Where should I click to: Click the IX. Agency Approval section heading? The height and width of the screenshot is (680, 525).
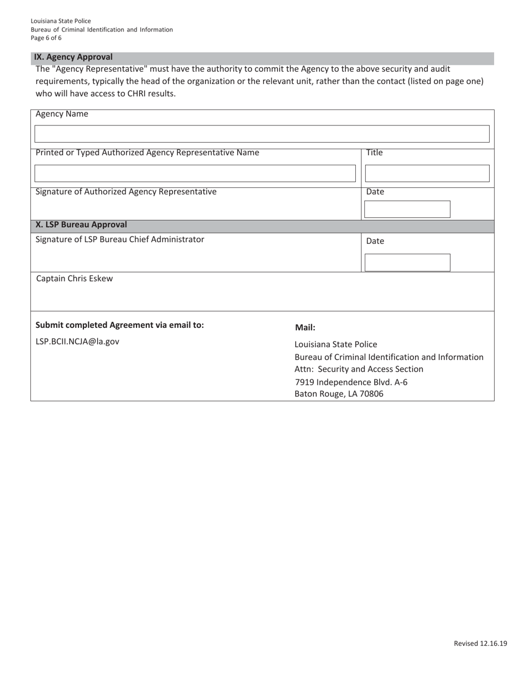[73, 57]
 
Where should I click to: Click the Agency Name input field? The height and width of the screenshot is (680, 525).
[262, 134]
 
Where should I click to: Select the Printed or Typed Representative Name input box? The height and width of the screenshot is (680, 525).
[195, 173]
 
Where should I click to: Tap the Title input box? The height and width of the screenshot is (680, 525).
[427, 173]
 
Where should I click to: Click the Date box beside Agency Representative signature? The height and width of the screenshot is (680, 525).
[407, 209]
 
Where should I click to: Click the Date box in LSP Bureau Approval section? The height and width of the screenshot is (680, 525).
[407, 262]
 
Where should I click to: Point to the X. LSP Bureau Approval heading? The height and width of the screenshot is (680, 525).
[81, 225]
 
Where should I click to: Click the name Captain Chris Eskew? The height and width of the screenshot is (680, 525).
[74, 279]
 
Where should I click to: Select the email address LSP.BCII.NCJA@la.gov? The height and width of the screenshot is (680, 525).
[77, 342]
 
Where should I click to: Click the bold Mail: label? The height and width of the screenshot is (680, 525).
[305, 327]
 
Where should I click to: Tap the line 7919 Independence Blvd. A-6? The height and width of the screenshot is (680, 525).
[351, 382]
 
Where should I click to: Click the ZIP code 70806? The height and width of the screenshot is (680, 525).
[371, 394]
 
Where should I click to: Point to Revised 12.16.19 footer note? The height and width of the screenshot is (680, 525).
[480, 643]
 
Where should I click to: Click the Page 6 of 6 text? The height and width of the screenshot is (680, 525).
[46, 38]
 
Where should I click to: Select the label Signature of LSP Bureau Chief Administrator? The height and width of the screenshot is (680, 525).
[120, 239]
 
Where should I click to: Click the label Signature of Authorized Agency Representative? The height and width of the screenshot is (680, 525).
[126, 192]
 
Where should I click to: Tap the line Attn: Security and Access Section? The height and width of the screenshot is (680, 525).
[359, 369]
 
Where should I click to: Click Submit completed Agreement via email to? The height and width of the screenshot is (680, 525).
[119, 325]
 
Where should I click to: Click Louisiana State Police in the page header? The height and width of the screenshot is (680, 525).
[61, 21]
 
